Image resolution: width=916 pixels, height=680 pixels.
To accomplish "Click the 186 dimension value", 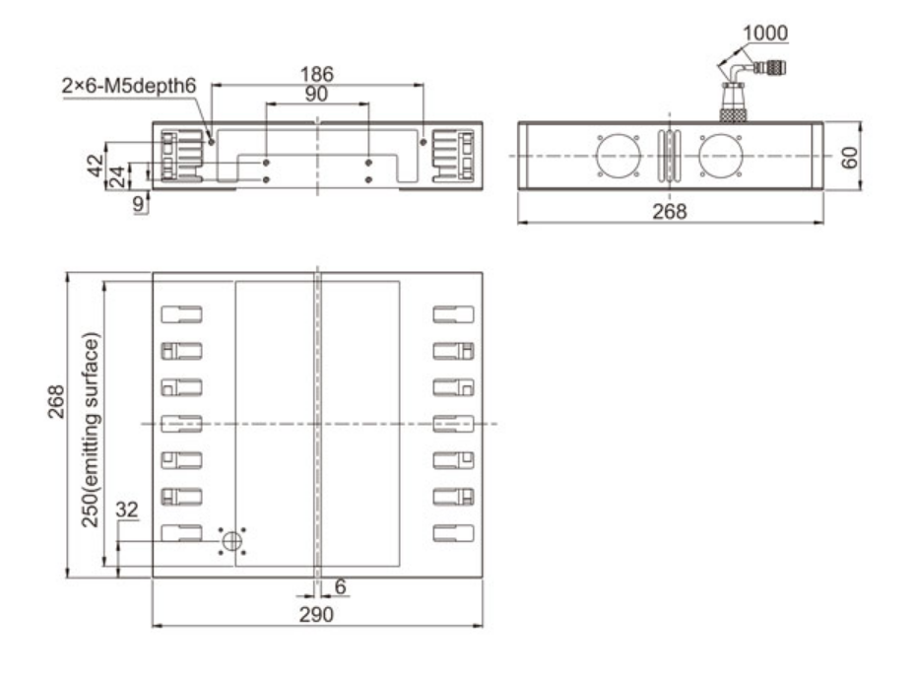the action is point(316,74).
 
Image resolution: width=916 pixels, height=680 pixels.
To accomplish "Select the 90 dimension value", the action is point(316,94).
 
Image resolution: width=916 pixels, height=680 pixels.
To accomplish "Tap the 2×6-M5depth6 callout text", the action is point(129,86).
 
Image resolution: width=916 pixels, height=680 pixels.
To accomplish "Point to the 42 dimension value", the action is point(96,166).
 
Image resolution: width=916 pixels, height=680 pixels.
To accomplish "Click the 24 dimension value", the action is point(117,176).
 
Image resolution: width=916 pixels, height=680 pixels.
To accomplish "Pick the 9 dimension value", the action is point(138,203).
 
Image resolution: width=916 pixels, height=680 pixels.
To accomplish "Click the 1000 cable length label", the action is point(764,33).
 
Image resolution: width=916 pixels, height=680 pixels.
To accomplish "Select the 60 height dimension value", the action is point(850,157).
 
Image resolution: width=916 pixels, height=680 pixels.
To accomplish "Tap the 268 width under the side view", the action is point(670,211).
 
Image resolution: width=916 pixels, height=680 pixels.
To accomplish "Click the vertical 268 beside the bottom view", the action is point(56,402).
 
